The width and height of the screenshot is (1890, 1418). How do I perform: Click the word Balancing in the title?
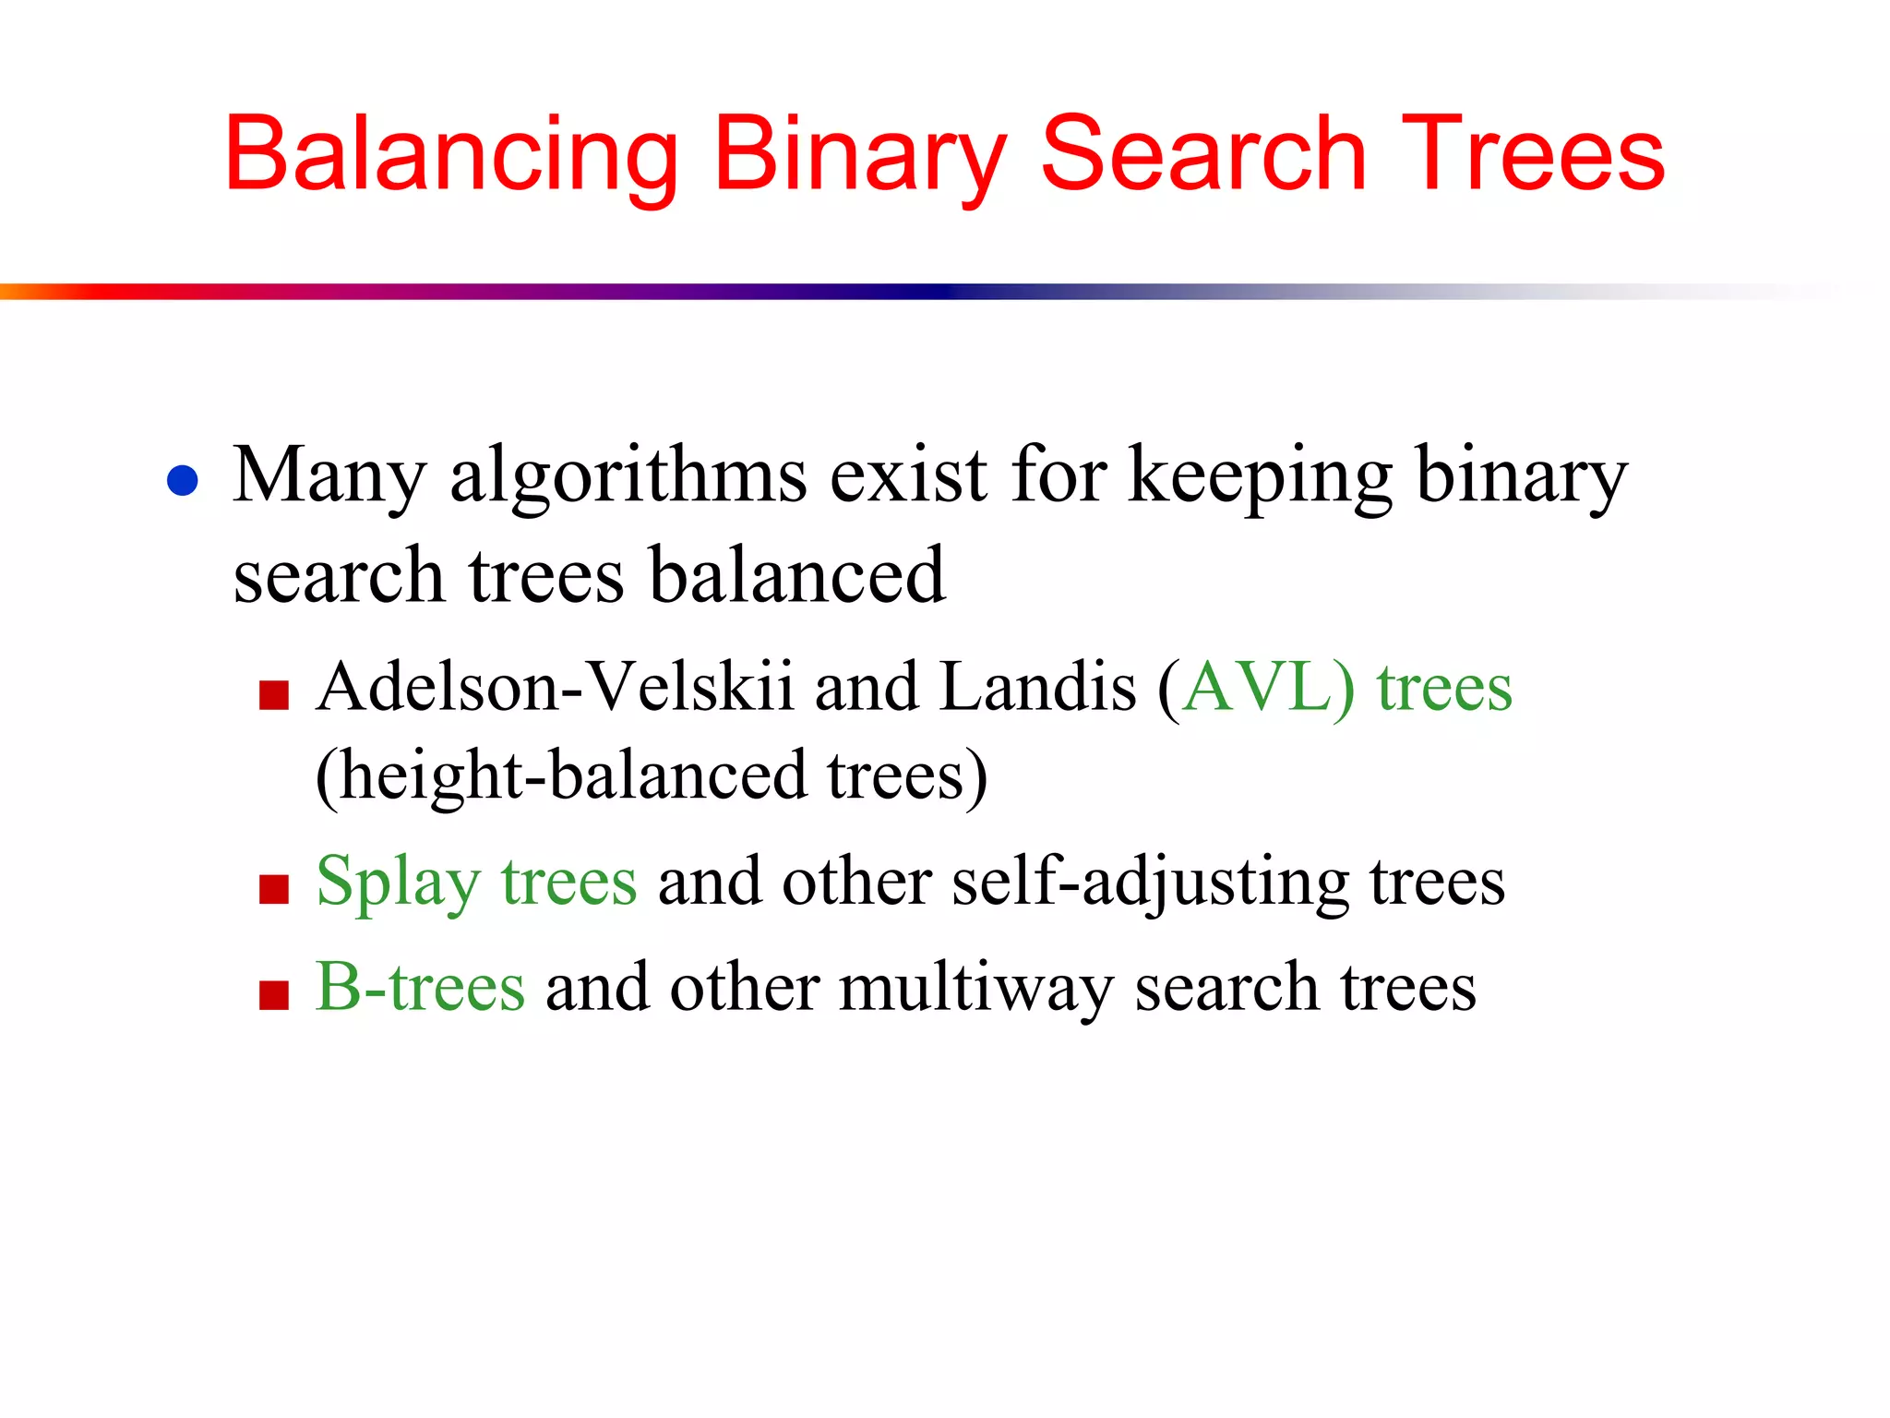[451, 155]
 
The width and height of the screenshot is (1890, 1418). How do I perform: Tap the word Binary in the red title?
[859, 155]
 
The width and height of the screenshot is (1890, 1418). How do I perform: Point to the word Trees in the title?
[1532, 155]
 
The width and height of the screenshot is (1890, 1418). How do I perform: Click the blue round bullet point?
[183, 481]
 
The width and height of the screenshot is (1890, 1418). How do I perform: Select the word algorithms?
[628, 476]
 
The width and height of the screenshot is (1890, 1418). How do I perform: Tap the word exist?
[908, 475]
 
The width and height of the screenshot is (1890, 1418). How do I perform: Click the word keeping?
[1260, 476]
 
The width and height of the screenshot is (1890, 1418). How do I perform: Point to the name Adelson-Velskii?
[555, 688]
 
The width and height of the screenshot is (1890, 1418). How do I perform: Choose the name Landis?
[1037, 688]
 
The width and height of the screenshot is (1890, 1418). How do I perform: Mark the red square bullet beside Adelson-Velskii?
[274, 695]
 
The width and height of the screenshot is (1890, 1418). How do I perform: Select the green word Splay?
[398, 883]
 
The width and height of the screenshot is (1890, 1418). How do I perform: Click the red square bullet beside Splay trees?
[274, 890]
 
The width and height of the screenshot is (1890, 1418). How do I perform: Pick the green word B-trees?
[421, 987]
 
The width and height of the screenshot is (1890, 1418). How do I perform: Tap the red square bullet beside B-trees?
[274, 996]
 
